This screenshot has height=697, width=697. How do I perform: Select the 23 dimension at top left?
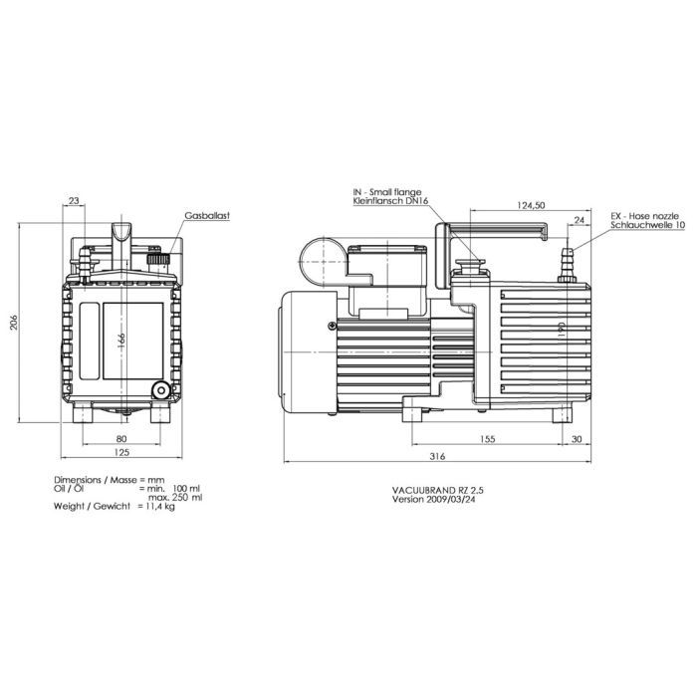coord(75,201)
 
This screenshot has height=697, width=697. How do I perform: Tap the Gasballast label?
coord(207,215)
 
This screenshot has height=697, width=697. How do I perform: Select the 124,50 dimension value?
coord(534,205)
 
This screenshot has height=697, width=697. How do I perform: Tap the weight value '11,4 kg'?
coord(156,507)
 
